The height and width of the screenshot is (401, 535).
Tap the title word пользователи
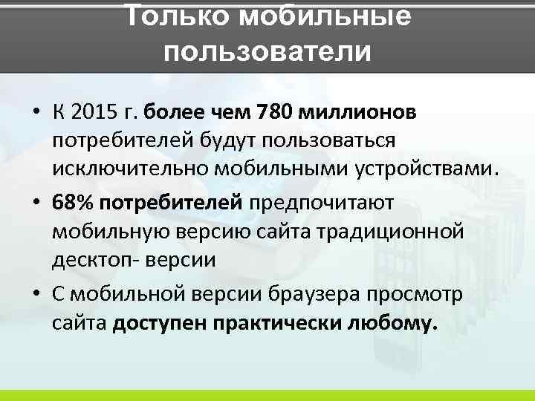[x=267, y=51]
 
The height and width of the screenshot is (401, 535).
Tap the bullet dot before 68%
[x=36, y=203]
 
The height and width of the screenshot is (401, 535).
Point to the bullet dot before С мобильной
[x=36, y=294]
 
